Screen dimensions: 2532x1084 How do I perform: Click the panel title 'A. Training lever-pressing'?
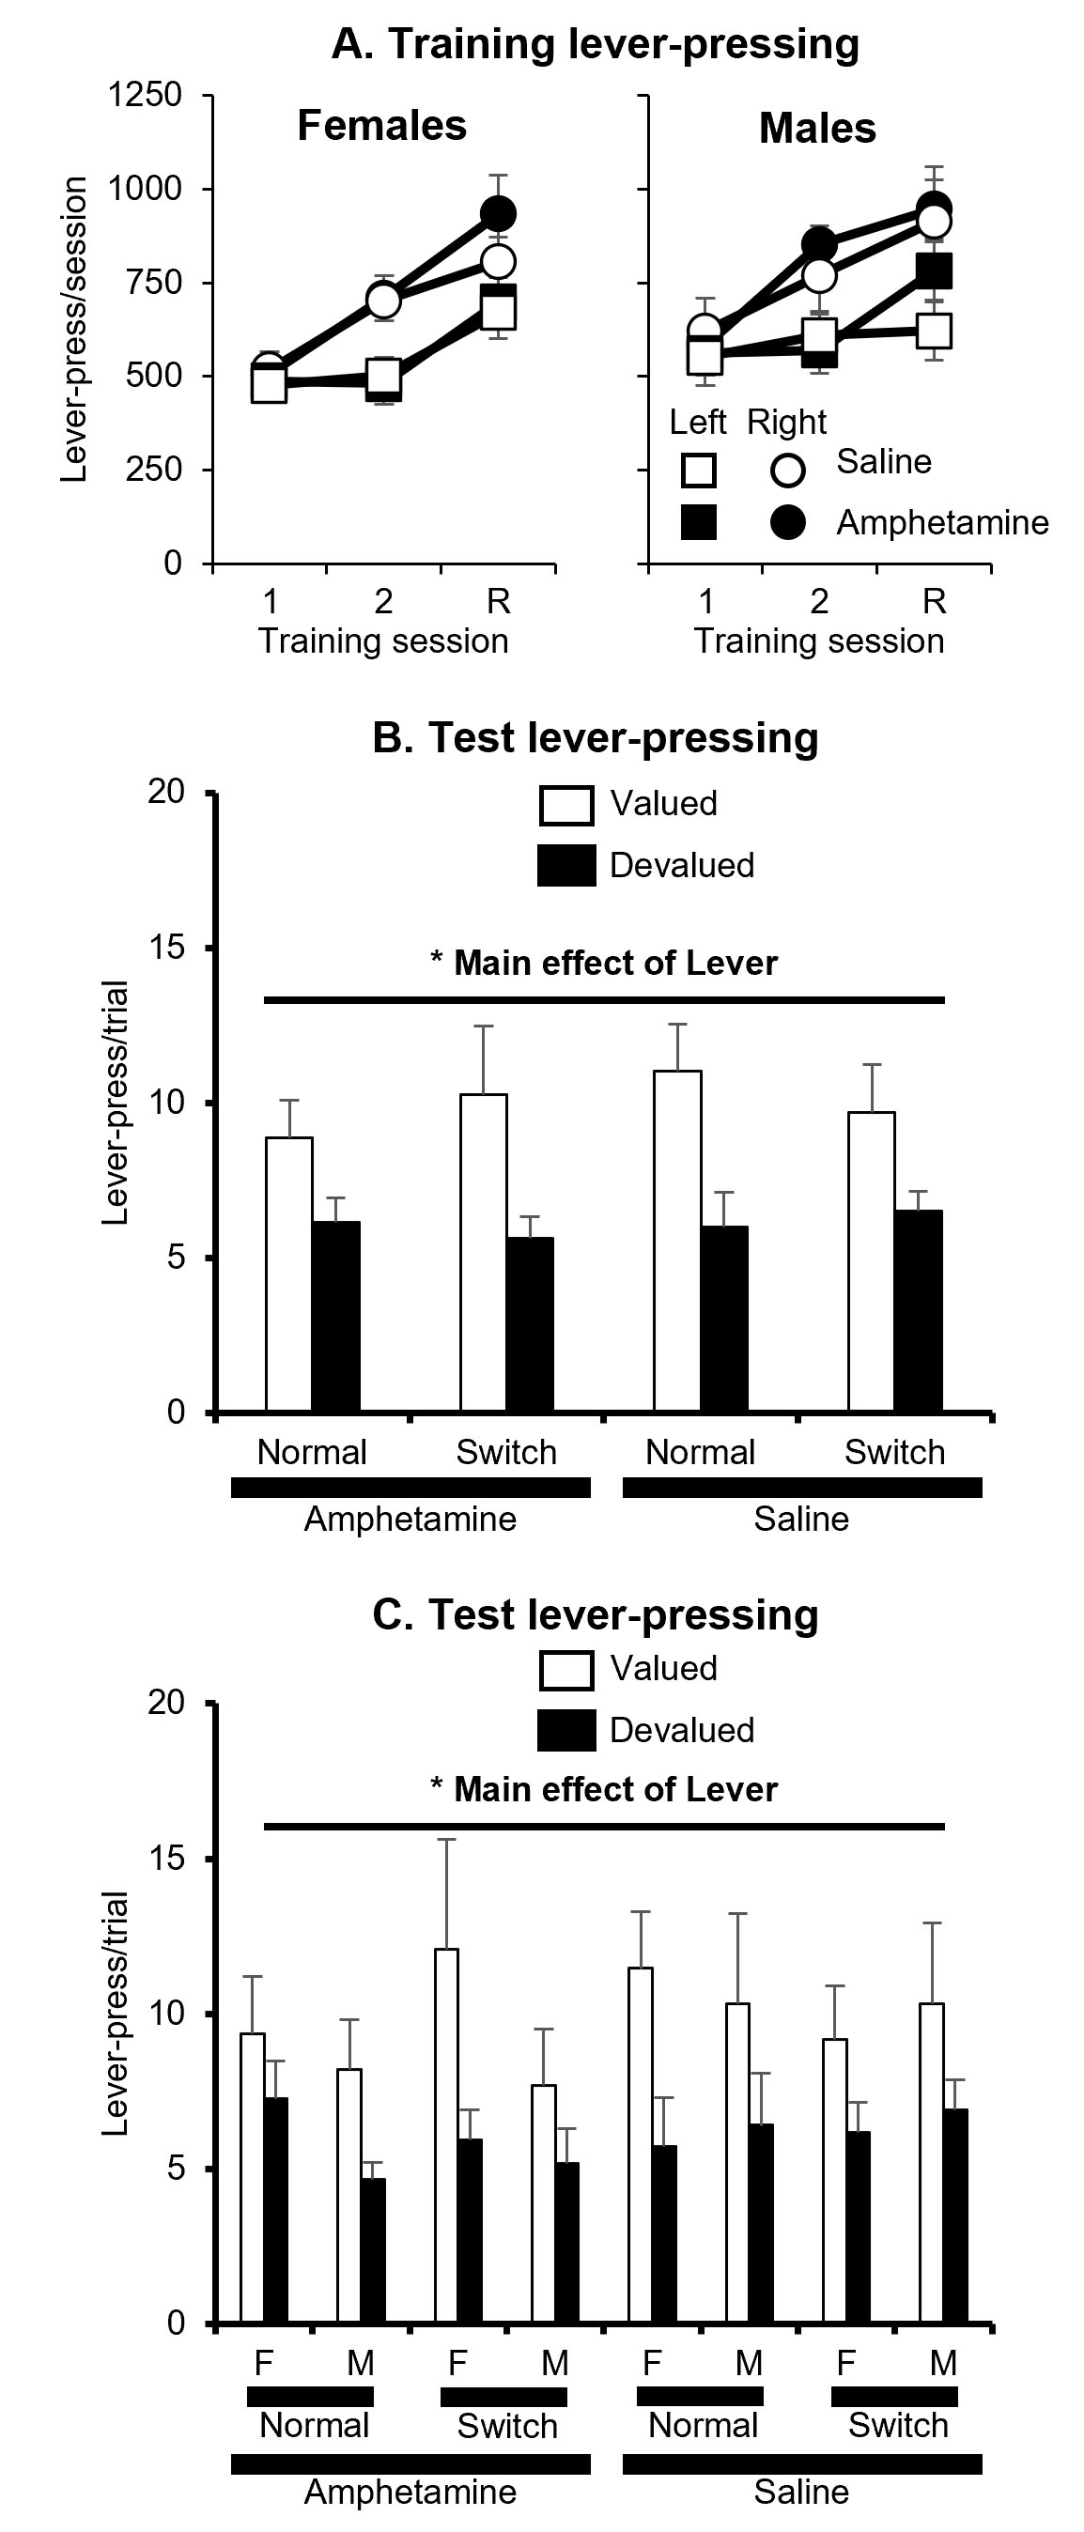click(595, 44)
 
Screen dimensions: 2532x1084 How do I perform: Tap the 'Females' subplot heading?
click(381, 126)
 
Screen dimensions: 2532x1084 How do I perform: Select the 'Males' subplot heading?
click(816, 129)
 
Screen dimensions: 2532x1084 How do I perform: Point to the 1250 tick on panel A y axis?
click(146, 96)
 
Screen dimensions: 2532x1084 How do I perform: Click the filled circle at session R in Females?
click(498, 213)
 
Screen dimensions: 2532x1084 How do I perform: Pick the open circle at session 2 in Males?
click(819, 275)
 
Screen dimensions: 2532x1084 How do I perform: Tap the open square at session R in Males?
click(934, 331)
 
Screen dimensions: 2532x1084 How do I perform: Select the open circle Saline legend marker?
click(787, 470)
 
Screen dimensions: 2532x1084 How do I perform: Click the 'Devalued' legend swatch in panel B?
click(566, 865)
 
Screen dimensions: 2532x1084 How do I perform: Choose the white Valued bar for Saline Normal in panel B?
click(678, 1241)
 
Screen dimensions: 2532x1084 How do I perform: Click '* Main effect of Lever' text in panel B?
click(604, 964)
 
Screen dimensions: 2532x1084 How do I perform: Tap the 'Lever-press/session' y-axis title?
click(75, 330)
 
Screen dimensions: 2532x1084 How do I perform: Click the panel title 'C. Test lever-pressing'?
click(595, 1615)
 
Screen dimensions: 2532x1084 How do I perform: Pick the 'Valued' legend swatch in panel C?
click(566, 1670)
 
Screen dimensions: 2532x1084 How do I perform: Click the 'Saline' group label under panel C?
click(801, 2492)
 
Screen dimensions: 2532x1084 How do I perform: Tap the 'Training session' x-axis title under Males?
click(819, 641)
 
